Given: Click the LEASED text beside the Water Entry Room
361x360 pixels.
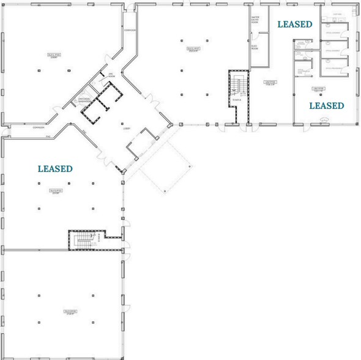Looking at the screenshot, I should tap(295, 24).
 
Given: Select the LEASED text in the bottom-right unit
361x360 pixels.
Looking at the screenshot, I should tap(326, 105).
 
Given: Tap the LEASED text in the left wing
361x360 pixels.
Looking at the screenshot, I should tap(55, 168).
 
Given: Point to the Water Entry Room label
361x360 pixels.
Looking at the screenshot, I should tap(256, 20).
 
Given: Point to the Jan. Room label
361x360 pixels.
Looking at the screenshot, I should tap(111, 75).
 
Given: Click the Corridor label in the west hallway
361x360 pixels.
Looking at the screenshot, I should tap(40, 128).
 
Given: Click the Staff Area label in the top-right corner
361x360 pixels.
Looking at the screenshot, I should tap(337, 15).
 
